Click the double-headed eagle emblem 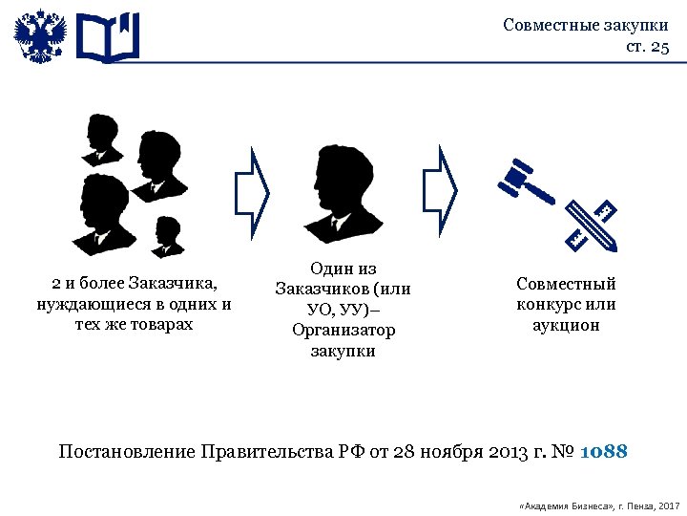(40, 37)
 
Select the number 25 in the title (659, 47)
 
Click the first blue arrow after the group (253, 191)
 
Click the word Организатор (343, 330)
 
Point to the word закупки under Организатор (343, 351)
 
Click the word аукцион (566, 326)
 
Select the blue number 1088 (603, 451)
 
